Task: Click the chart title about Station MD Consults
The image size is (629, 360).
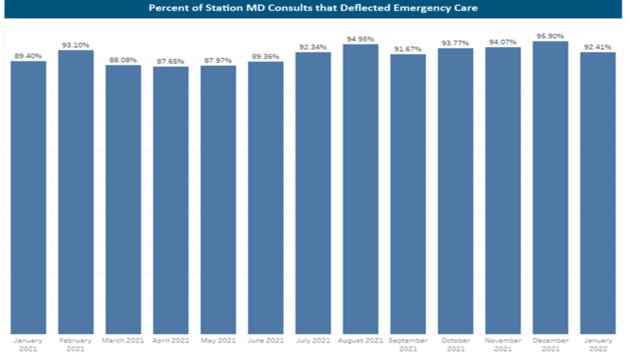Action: point(314,8)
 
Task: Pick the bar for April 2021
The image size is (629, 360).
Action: point(171,200)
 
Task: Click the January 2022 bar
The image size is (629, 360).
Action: point(598,193)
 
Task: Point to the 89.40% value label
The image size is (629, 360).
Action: point(28,56)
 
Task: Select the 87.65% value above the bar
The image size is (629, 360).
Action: point(171,61)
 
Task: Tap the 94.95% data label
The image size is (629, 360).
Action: point(361,39)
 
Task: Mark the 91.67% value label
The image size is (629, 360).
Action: point(408,49)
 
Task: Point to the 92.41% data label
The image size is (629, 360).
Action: point(598,46)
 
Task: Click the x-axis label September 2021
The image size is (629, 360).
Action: point(408,345)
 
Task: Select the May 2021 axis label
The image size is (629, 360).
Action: point(218,340)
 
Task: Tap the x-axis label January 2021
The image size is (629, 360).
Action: point(28,345)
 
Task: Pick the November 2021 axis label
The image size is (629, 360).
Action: point(503,345)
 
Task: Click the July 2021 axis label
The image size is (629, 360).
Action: point(313,340)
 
